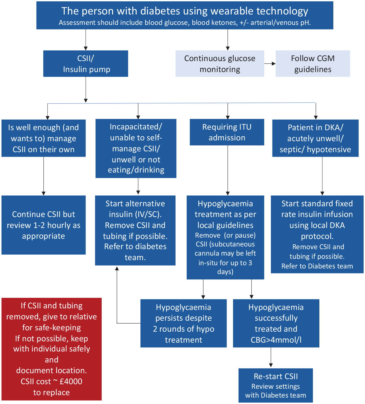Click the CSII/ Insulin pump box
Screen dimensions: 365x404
86,64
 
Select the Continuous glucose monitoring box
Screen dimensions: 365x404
220,64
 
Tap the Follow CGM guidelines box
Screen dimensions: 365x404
313,64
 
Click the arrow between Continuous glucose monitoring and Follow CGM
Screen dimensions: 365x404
270,64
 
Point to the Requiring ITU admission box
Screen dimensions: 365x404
227,132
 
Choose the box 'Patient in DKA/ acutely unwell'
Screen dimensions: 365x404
315,138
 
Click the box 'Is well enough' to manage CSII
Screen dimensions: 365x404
43,138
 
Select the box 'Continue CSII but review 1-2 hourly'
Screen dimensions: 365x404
43,225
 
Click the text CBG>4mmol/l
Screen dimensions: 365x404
276,340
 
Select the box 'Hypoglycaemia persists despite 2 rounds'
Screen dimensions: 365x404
183,323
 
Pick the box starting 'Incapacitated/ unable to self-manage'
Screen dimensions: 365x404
136,148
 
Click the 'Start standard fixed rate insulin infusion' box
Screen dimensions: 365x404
317,234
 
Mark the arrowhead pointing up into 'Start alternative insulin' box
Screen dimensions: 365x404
117,268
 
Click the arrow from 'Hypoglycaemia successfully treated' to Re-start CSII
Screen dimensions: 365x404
271,357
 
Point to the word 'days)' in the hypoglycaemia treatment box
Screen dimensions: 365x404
225,272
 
